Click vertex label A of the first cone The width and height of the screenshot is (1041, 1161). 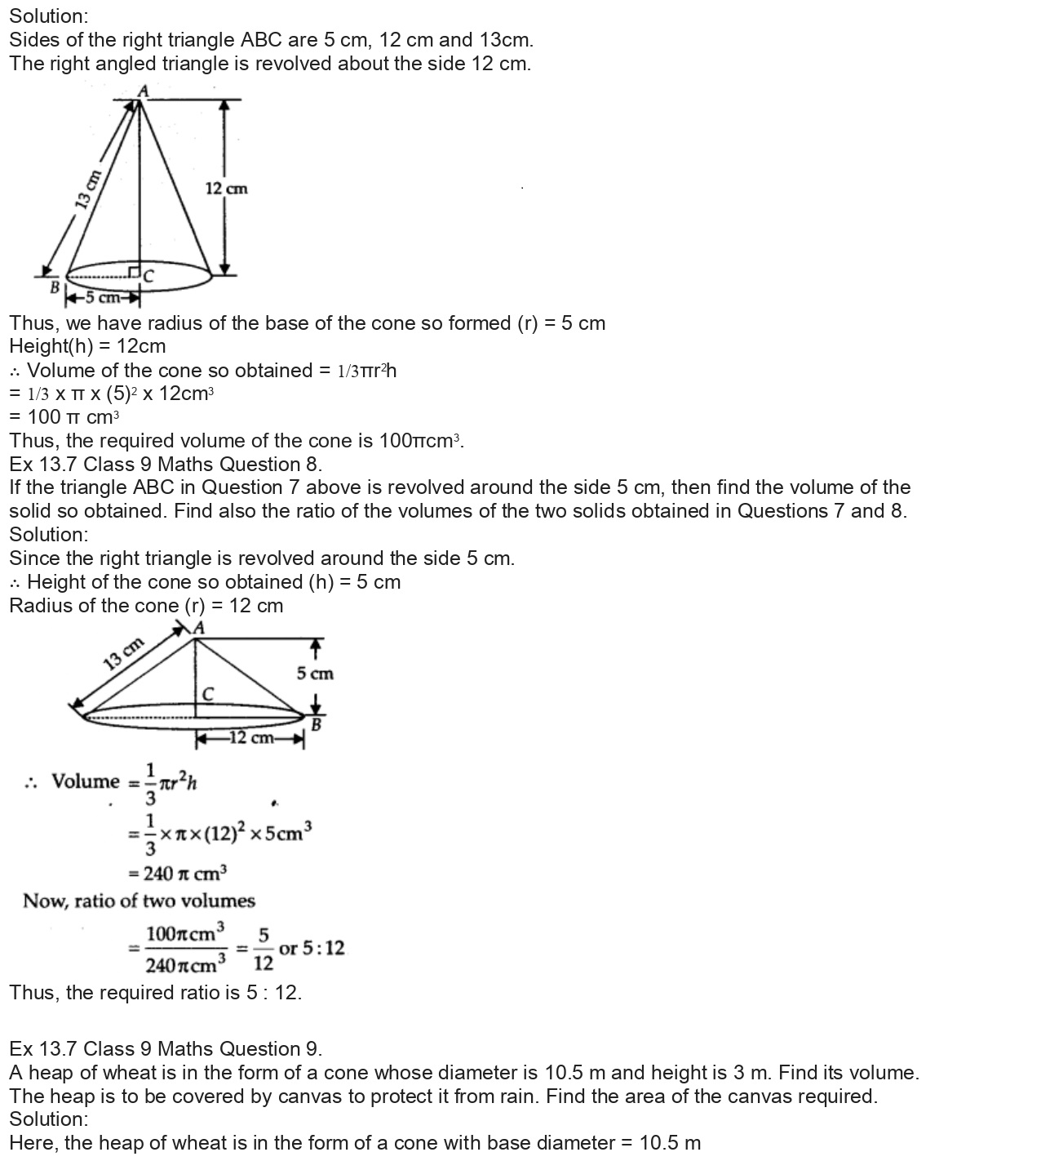coord(143,91)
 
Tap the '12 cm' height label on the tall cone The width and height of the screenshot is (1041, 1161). coord(226,189)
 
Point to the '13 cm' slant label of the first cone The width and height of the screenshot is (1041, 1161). coord(87,189)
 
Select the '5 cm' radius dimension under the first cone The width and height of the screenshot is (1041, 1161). coord(102,297)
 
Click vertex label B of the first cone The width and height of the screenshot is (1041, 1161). coord(55,287)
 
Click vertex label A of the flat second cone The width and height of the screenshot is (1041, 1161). coord(198,628)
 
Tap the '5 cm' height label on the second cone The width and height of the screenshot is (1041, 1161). coord(315,674)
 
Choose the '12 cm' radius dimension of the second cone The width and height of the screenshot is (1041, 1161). coord(250,738)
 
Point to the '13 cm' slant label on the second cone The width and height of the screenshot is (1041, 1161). coord(123,653)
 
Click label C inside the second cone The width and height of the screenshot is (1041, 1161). coord(208,694)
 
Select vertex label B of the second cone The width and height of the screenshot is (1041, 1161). coord(317,723)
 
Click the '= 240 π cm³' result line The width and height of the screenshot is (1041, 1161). coord(177,874)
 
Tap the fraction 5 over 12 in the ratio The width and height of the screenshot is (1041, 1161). coord(264,949)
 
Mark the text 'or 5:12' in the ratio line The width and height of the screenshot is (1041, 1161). coord(312,948)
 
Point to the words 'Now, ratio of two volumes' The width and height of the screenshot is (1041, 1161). coord(139,901)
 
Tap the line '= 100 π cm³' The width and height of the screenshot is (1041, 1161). coord(64,417)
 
